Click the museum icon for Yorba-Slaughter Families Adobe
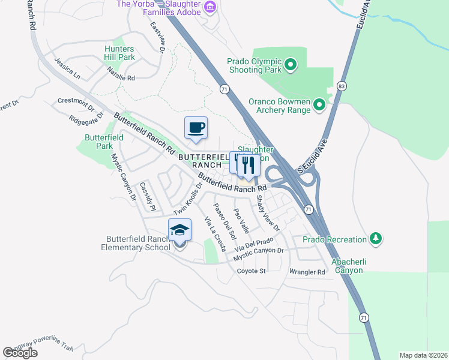[209, 7]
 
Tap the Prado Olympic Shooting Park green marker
[291, 65]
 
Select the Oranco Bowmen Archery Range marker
[319, 106]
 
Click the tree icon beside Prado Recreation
[376, 239]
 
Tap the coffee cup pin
[196, 128]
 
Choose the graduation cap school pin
[179, 230]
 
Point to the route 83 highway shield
[341, 86]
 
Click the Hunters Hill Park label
[119, 53]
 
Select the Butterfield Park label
[99, 142]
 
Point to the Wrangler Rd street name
[307, 272]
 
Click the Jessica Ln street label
[67, 69]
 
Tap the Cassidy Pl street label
[148, 197]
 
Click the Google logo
[20, 353]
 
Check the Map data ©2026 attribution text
[423, 355]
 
